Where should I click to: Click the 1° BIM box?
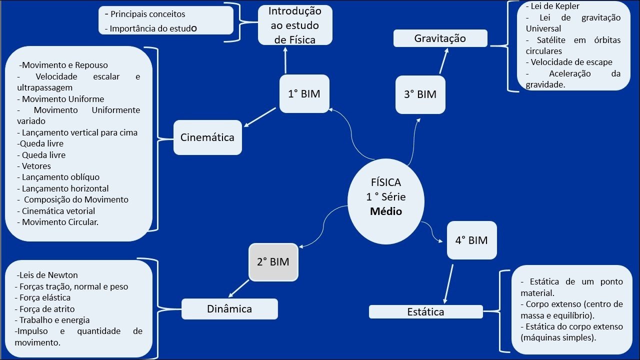point(304,93)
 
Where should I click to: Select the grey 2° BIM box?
point(273,261)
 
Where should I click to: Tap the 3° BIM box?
point(420,94)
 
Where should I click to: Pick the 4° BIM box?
point(471,240)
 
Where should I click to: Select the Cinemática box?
point(207,137)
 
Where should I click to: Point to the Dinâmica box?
point(229,309)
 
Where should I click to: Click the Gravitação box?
point(440,38)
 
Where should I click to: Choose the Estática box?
point(425,311)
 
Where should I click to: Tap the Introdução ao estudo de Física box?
point(295,25)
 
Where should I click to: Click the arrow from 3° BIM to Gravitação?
point(443,61)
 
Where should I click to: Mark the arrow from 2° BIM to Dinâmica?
point(239,288)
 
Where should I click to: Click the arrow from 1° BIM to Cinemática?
point(261,117)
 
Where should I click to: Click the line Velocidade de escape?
point(571,62)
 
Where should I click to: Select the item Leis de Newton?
point(47,275)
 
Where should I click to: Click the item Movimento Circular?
point(60,222)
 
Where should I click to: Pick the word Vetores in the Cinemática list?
point(36,166)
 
